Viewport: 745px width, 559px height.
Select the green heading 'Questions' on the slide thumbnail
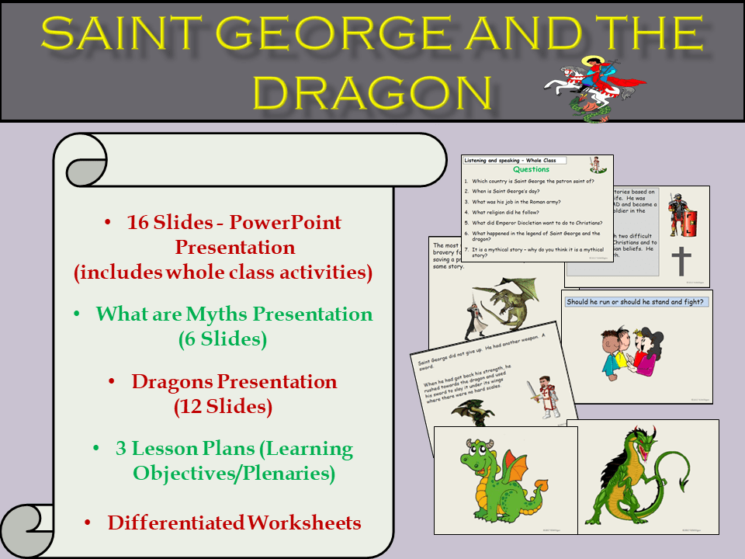click(x=532, y=169)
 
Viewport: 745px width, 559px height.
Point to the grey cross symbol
click(x=681, y=260)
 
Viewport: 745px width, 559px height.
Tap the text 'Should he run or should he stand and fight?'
click(x=636, y=301)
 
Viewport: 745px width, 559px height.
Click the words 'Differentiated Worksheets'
click(x=234, y=523)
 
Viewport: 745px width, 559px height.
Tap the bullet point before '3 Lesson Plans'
click(x=96, y=449)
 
